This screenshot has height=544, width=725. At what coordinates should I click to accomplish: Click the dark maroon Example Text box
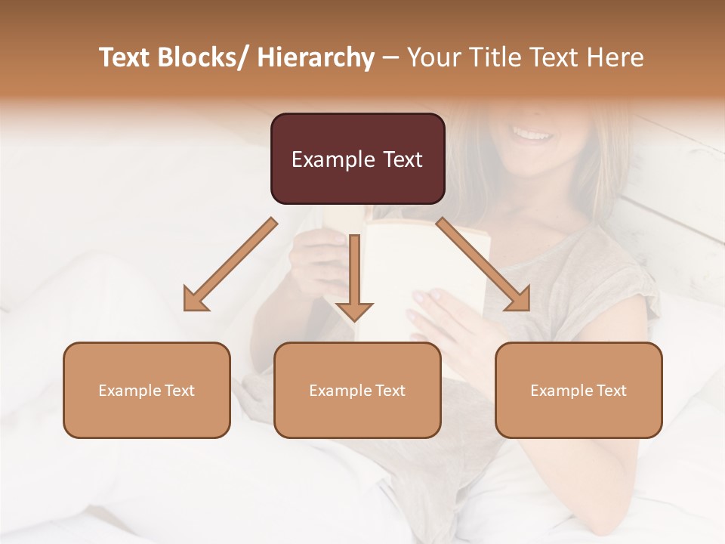click(357, 159)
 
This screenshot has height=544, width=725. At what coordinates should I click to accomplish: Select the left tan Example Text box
click(147, 390)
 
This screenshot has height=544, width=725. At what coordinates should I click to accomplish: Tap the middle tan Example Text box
click(357, 390)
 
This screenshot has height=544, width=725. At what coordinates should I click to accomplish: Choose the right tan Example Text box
click(578, 390)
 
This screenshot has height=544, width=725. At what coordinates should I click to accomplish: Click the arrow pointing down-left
click(230, 265)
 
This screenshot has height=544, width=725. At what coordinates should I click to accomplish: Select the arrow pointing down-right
click(483, 264)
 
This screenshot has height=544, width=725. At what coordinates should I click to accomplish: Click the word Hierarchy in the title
click(316, 57)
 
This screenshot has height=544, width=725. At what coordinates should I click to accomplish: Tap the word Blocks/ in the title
click(205, 57)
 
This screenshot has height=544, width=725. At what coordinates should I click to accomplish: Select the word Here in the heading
click(615, 57)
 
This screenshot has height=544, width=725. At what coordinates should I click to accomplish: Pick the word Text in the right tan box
click(611, 390)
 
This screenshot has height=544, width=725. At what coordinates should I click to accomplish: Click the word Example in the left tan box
click(130, 390)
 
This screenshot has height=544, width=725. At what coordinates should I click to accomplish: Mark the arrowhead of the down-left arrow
click(195, 300)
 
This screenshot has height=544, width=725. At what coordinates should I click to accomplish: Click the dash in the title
click(390, 57)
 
